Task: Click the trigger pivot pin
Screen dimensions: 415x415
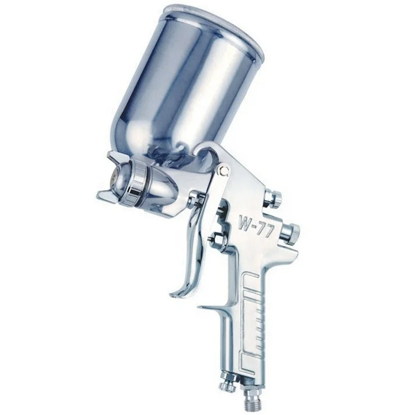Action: (224, 170)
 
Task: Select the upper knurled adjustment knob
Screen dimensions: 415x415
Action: (273, 198)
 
